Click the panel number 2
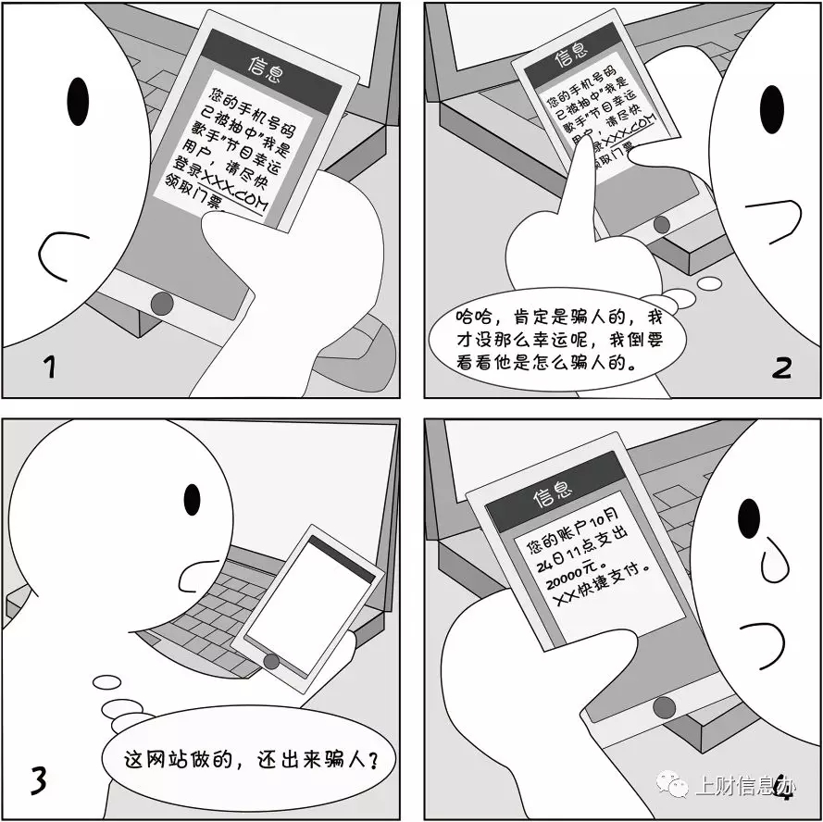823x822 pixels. pyautogui.click(x=782, y=368)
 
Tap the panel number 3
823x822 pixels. pyautogui.click(x=38, y=779)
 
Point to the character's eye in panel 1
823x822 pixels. pyautogui.click(x=79, y=96)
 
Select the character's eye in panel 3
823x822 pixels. pyautogui.click(x=193, y=499)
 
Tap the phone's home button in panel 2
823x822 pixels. pyautogui.click(x=661, y=225)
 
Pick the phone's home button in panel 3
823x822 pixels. pyautogui.click(x=271, y=661)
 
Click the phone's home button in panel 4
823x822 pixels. pyautogui.click(x=663, y=707)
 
